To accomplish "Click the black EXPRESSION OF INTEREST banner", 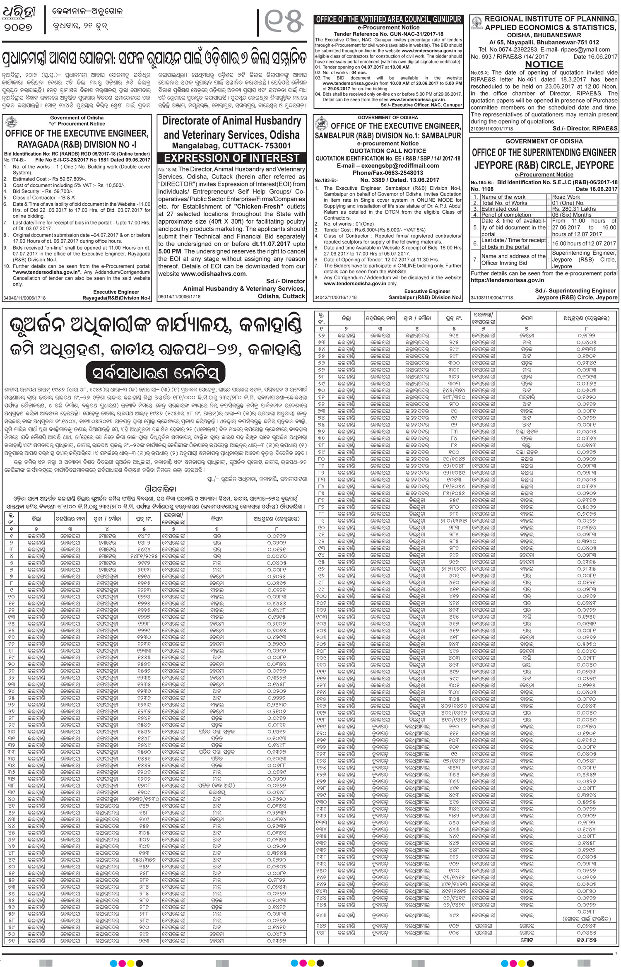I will [232, 158].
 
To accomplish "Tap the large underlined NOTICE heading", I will [544, 65].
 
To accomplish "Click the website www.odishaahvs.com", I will [213, 274].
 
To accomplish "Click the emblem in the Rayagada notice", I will [11, 123].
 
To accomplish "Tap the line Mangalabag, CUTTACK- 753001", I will [231, 146].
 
